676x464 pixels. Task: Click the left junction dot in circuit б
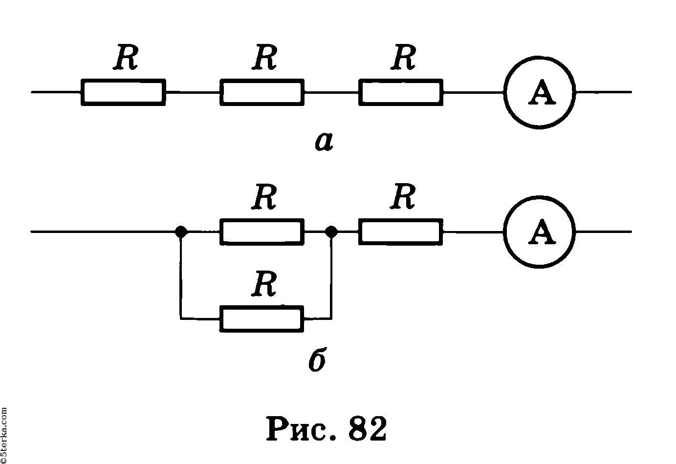(181, 232)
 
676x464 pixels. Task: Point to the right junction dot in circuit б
(332, 232)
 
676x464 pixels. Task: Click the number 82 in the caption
(368, 428)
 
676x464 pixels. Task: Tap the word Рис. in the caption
(303, 429)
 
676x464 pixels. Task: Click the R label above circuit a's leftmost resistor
(126, 57)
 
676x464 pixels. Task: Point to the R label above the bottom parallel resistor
(264, 284)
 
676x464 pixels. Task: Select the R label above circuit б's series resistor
(403, 196)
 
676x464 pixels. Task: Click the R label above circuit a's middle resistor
(264, 57)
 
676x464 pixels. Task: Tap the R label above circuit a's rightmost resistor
(403, 57)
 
